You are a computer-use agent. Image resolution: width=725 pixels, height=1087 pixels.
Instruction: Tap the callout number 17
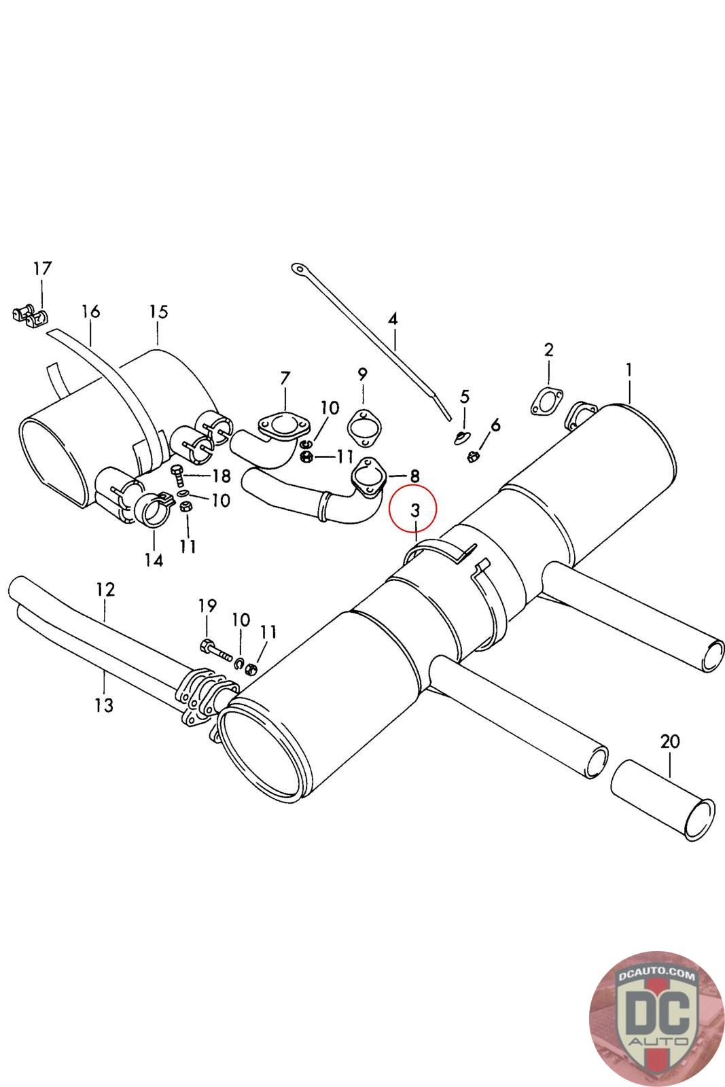coord(42,268)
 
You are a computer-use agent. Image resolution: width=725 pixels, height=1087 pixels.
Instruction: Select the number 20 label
coord(669,741)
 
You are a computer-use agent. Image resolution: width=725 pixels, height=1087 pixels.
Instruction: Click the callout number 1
coord(629,370)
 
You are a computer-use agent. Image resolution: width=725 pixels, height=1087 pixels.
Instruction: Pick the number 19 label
coord(207,605)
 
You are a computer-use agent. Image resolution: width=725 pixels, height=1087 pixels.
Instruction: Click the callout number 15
coord(158,312)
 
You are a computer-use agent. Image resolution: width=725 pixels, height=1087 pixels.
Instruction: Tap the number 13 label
coord(103,706)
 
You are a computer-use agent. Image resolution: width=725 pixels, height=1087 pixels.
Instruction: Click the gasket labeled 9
coord(365,427)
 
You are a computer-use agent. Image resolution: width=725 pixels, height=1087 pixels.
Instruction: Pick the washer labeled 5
coord(463,435)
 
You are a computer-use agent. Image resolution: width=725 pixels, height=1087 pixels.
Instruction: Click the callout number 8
coord(414,476)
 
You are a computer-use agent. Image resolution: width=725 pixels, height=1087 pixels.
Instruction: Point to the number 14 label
coord(154,560)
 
